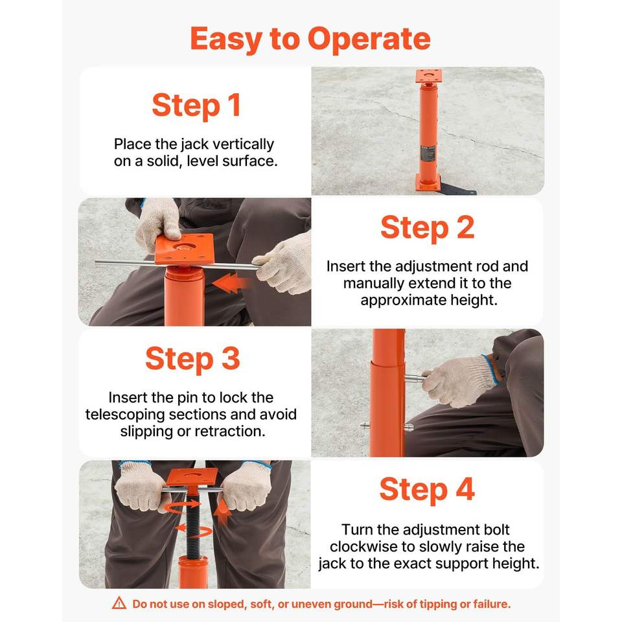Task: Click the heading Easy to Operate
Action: (x=310, y=40)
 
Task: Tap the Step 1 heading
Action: (x=196, y=106)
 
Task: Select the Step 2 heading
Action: (x=427, y=227)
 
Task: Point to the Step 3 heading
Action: (x=193, y=359)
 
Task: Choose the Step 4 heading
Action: (x=427, y=490)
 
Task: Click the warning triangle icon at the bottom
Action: (x=119, y=603)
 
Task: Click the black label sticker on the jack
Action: (x=428, y=153)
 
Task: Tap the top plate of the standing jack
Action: (x=428, y=76)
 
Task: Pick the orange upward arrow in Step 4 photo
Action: (x=222, y=512)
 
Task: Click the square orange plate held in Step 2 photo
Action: (x=185, y=248)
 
